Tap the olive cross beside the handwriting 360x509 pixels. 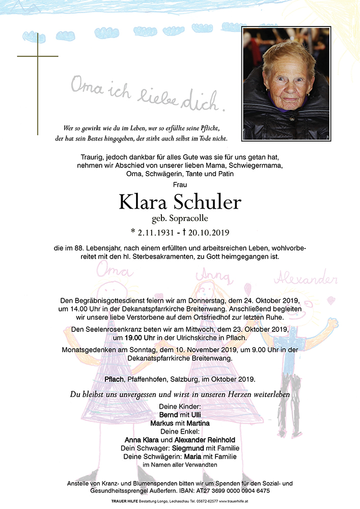(38, 84)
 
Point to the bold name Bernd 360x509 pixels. (169, 415)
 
